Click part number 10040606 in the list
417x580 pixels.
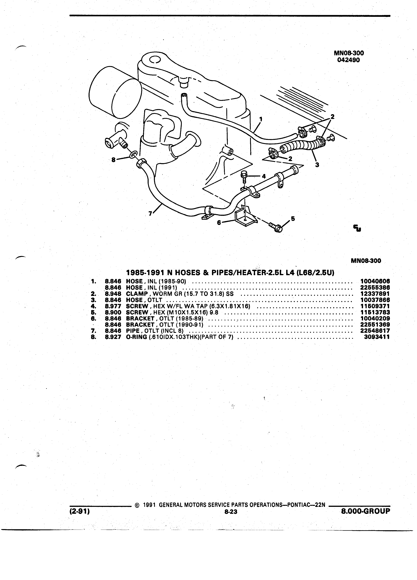[375, 282]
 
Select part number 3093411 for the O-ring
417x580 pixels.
[377, 337]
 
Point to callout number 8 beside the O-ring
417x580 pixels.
[113, 160]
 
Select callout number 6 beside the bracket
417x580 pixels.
[219, 223]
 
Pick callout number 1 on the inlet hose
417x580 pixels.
[261, 119]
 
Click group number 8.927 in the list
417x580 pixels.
[113, 337]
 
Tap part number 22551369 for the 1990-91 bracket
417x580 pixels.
[375, 325]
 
